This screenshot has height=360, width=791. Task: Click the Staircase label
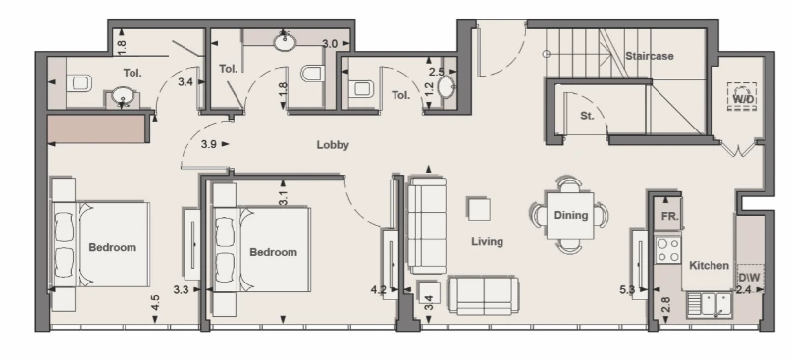point(650,56)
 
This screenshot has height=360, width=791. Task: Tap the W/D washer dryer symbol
point(743,96)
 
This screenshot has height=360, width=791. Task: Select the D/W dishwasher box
point(750,278)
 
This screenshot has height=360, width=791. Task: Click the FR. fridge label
point(670,217)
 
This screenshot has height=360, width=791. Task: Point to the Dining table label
point(571,215)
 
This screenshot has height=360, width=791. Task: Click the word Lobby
point(333,145)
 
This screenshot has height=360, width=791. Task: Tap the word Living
point(488,242)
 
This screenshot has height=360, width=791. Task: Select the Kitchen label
point(709,265)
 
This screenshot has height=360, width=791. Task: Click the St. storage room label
point(587,116)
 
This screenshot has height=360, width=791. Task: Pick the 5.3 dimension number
point(626,290)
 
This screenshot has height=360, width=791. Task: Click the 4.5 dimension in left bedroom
point(155,302)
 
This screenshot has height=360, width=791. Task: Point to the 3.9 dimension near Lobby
point(209,144)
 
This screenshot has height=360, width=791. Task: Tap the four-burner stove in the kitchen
point(668,250)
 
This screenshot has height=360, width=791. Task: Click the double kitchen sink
point(709,304)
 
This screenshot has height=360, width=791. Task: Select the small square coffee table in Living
point(479,209)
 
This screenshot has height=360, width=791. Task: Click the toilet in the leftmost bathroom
point(79,83)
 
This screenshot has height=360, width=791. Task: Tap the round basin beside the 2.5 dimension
point(447,86)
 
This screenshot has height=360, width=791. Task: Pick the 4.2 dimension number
point(379,290)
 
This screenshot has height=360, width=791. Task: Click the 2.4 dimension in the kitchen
point(744,290)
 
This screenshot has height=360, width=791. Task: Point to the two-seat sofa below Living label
point(484,295)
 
